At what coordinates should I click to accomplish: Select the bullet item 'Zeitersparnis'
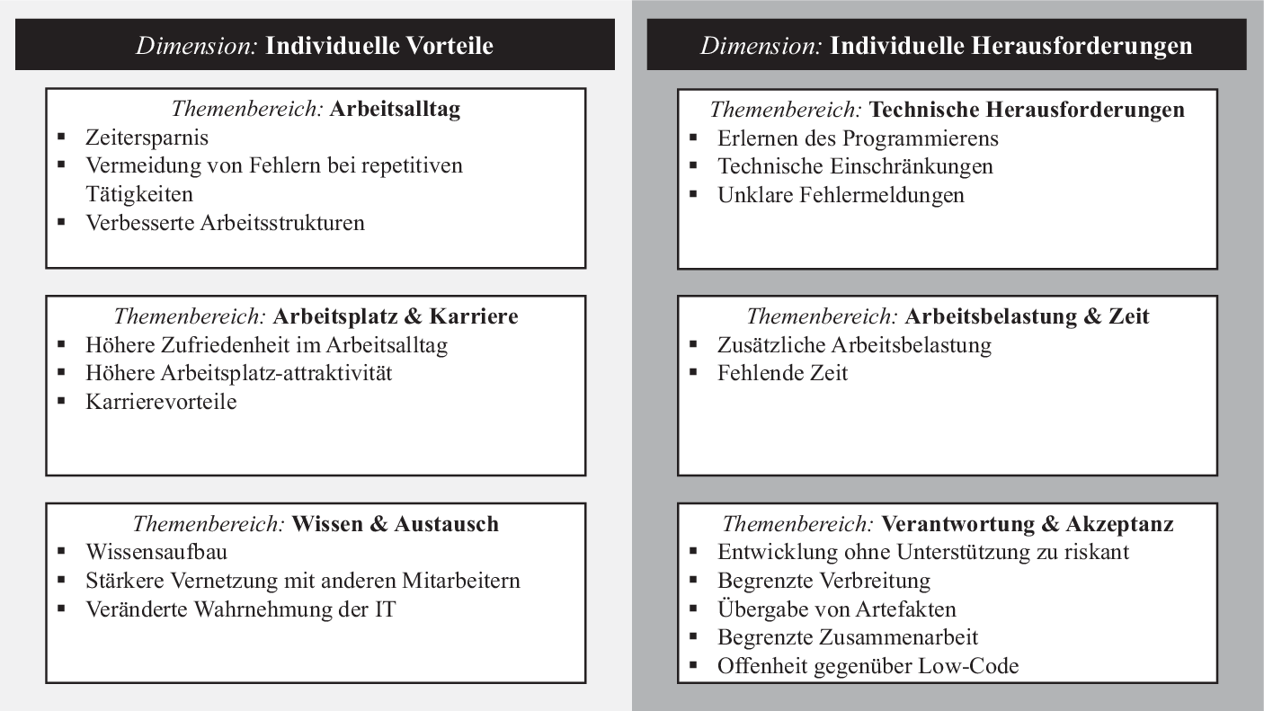147,138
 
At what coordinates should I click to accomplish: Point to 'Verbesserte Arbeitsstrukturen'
225,223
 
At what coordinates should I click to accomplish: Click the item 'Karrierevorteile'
161,402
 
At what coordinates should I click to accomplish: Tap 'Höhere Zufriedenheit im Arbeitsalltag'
266,345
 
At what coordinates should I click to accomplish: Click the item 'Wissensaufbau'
156,552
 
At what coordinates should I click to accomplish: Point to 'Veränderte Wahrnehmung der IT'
240,609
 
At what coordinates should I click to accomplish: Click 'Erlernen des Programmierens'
858,138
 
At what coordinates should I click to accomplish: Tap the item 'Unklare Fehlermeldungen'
841,195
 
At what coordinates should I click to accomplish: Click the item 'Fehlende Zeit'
782,373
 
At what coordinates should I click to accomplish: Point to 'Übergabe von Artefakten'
836,609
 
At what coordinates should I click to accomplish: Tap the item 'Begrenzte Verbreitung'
823,581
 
